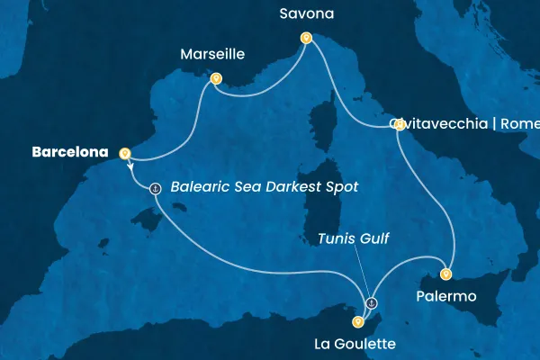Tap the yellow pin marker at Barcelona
click(124, 153)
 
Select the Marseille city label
click(212, 54)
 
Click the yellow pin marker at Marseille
click(216, 78)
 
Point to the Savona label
click(305, 15)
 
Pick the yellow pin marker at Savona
click(306, 39)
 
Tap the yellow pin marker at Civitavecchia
click(399, 125)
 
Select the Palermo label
click(445, 296)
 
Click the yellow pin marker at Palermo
click(446, 274)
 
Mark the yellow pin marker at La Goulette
click(358, 321)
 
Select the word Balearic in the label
click(198, 188)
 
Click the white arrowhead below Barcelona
click(131, 167)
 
